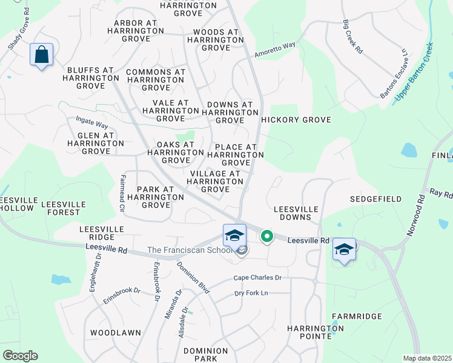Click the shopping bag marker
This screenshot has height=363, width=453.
click(41, 55)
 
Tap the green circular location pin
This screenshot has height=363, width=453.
click(266, 236)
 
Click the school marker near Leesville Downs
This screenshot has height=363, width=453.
click(344, 249)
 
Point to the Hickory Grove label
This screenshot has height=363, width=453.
click(296, 120)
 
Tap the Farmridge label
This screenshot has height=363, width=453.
click(357, 316)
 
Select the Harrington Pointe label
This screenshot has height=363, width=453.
click(316, 332)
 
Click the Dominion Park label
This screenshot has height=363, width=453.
click(205, 355)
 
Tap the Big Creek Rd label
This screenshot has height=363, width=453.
click(352, 38)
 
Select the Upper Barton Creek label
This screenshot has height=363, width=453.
click(414, 71)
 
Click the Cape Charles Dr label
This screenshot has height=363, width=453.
click(258, 278)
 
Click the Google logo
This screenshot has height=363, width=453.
click(20, 356)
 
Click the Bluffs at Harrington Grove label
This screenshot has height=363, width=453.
click(91, 78)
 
